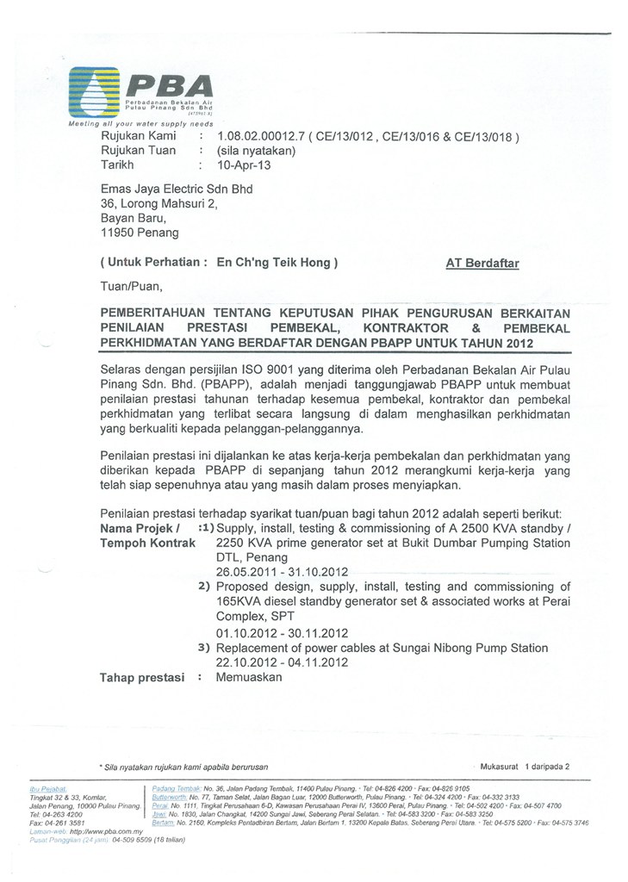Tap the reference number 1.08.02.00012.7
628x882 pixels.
[x=261, y=136]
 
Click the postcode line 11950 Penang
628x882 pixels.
[x=140, y=232]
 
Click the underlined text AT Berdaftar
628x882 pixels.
[x=482, y=264]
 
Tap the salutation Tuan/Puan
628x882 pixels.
[x=131, y=287]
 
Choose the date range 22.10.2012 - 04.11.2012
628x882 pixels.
[x=282, y=662]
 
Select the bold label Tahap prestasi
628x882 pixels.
[x=143, y=677]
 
